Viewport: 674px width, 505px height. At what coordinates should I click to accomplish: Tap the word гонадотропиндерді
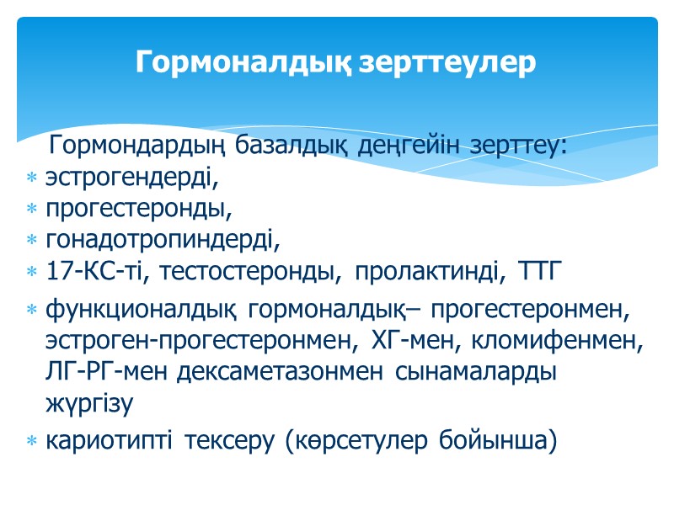tap(161, 241)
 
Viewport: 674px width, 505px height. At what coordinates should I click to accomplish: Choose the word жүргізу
tap(89, 403)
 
